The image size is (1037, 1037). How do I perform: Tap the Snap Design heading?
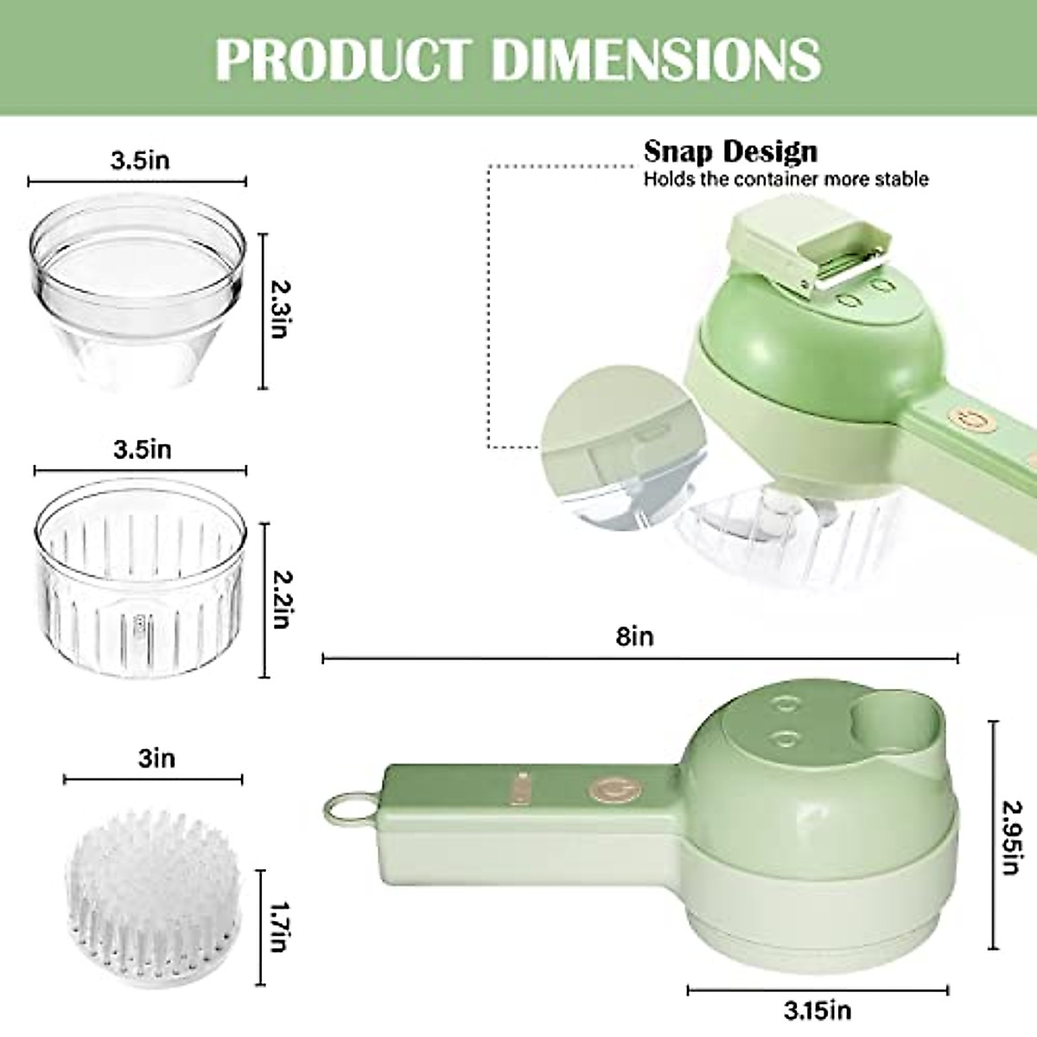[x=730, y=151]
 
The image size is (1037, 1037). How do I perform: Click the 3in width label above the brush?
[x=156, y=758]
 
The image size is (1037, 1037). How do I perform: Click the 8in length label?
[x=635, y=637]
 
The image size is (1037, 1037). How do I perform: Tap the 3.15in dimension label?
[x=817, y=1008]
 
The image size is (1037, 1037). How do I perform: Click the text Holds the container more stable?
[x=786, y=179]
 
